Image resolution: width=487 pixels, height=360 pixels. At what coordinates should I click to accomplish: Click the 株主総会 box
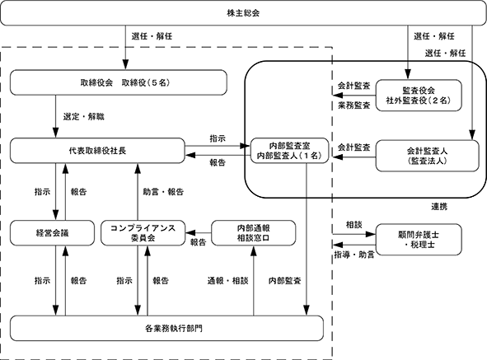point(244,13)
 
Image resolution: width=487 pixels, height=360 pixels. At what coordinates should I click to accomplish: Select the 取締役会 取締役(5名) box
point(119,82)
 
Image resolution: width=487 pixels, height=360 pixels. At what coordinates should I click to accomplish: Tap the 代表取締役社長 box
point(97,151)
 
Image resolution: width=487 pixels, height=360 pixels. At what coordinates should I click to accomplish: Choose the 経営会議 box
point(52,233)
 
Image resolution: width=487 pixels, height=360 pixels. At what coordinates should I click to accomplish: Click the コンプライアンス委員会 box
point(143,233)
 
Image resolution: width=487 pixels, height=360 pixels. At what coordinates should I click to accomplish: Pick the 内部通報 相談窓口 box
point(254,233)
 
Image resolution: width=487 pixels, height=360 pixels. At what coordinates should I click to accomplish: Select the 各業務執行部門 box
point(166,329)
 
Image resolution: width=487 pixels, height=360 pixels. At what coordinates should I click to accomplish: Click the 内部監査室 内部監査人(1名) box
point(289,151)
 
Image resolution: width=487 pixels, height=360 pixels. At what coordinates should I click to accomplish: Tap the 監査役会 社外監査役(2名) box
point(419,96)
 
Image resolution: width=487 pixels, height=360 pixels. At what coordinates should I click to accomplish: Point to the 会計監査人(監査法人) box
point(428,156)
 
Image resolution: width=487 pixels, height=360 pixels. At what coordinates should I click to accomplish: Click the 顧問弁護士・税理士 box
point(419,240)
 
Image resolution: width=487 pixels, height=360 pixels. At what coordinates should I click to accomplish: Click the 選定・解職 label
point(84,117)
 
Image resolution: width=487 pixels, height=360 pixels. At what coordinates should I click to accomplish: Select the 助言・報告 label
point(163,192)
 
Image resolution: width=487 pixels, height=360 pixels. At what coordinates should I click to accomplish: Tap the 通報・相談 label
point(228,281)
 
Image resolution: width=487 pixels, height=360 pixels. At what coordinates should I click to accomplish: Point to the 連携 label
point(439,207)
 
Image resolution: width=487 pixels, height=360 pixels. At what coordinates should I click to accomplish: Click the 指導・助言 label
point(354,255)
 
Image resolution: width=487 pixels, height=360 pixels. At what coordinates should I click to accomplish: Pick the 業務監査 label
point(354,105)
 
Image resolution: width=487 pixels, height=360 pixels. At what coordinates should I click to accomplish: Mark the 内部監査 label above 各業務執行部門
point(285,281)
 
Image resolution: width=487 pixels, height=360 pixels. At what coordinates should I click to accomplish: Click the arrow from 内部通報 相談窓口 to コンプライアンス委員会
point(199,232)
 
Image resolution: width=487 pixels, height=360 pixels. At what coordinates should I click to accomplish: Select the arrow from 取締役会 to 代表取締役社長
point(56,116)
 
